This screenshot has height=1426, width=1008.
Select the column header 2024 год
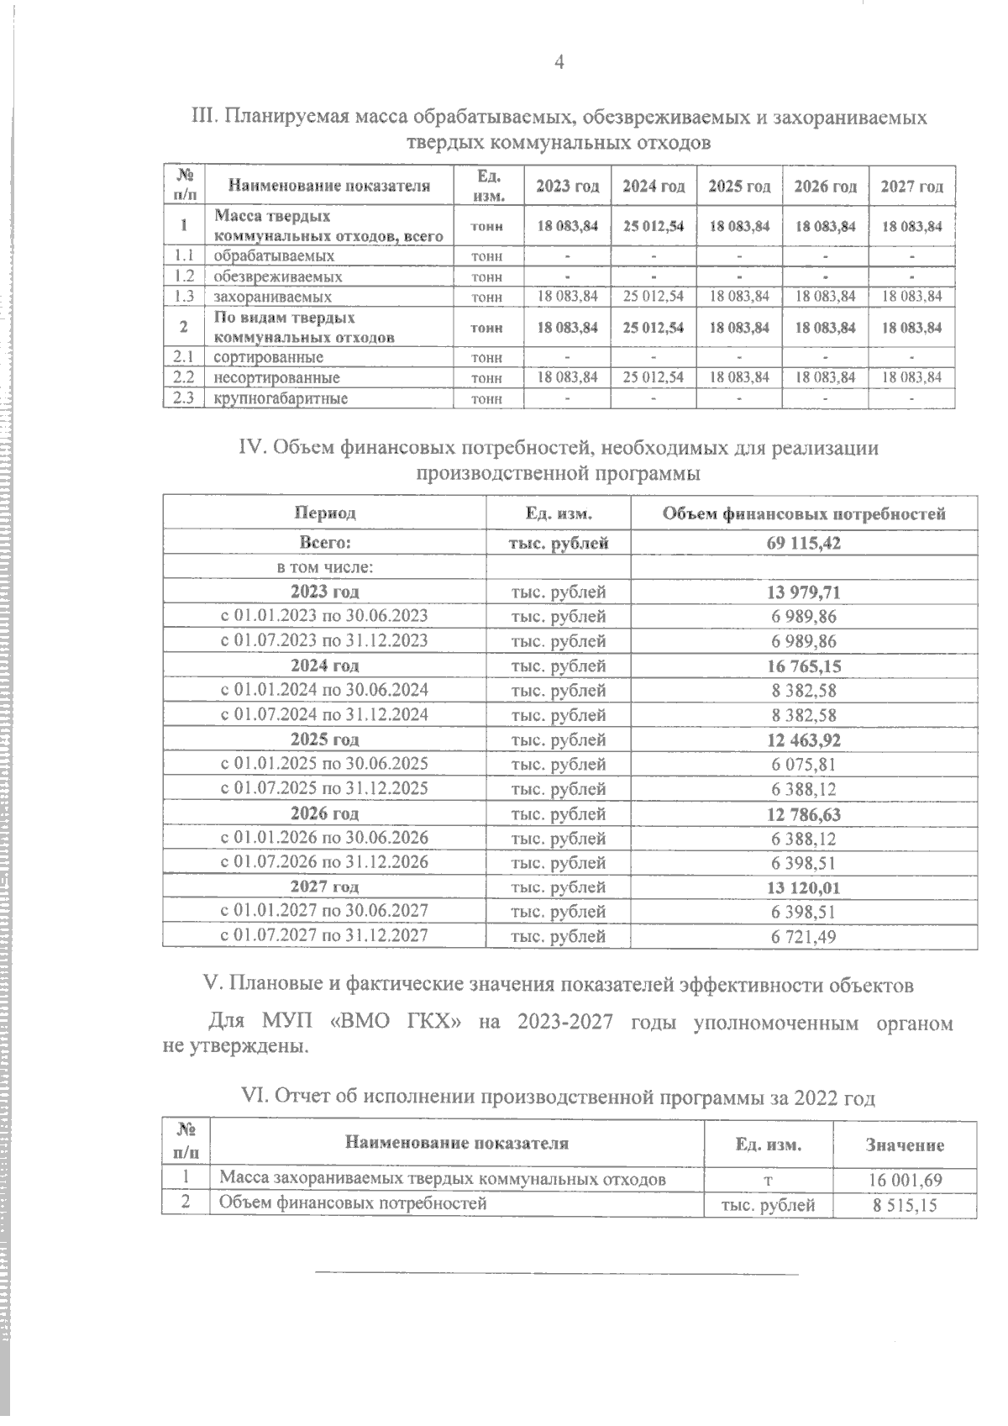tap(654, 187)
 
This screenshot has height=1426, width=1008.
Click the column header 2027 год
tap(911, 187)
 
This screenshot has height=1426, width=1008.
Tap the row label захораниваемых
tap(272, 297)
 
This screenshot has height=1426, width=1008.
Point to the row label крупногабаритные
tap(281, 398)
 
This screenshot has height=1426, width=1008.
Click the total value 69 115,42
tap(804, 543)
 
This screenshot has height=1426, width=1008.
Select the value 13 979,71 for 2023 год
tap(804, 592)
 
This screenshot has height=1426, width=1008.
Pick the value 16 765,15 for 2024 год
tap(804, 666)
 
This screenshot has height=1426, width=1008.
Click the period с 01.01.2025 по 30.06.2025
tap(324, 764)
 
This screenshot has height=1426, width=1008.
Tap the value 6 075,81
tap(804, 765)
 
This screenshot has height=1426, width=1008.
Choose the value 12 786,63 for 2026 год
tap(804, 813)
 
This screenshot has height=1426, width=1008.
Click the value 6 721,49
tap(804, 936)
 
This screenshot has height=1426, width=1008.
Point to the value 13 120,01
tap(804, 887)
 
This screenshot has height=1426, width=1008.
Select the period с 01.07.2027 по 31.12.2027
tap(324, 935)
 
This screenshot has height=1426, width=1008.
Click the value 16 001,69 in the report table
tap(905, 1180)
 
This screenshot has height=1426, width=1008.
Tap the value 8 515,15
tap(905, 1206)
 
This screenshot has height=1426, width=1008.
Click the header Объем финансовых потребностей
tap(804, 513)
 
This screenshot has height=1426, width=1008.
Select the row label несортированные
tap(276, 378)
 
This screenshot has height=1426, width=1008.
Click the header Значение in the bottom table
tap(905, 1144)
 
